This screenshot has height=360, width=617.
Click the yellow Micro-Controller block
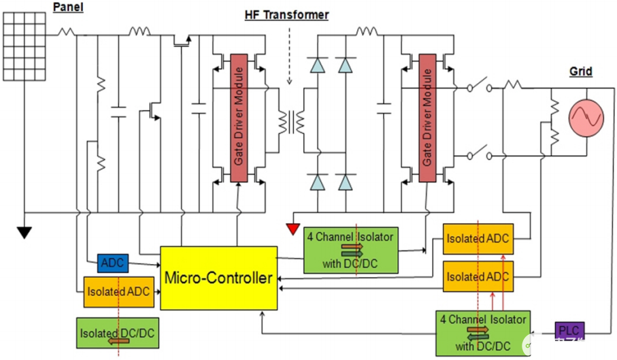218,278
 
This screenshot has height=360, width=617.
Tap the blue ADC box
110,263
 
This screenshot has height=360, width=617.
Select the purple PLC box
569,331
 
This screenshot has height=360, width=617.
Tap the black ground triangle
24,232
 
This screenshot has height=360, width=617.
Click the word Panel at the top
68,7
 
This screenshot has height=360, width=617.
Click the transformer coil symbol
290,122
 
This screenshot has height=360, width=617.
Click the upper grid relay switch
480,88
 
